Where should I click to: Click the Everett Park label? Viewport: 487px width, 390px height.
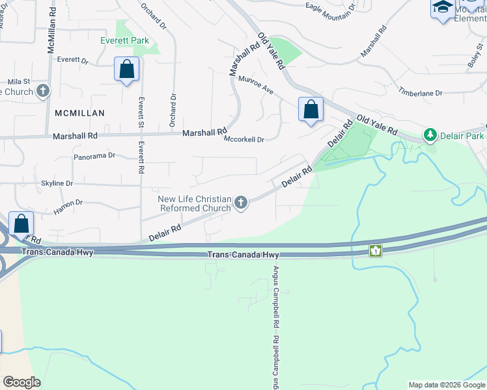(124, 40)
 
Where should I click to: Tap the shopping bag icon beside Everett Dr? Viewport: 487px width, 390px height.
(126, 70)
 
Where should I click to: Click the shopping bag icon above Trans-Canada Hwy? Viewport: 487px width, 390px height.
(21, 224)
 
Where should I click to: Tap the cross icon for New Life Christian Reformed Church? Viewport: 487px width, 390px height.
(241, 203)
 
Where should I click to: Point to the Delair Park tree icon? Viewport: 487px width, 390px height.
(430, 135)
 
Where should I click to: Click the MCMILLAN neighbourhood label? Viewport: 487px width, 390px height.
(80, 112)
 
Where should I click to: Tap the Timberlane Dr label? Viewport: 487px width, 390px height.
(421, 93)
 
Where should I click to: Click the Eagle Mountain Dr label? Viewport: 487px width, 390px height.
(331, 7)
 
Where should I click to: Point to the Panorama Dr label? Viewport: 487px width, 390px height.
(94, 156)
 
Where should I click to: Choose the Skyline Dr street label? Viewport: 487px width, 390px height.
(57, 183)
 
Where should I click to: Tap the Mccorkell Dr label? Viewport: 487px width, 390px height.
(244, 139)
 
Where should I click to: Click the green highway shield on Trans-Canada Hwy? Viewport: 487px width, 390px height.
(375, 250)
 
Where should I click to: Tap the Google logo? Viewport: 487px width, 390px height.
(21, 382)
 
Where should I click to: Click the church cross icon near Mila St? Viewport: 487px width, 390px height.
(43, 92)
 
